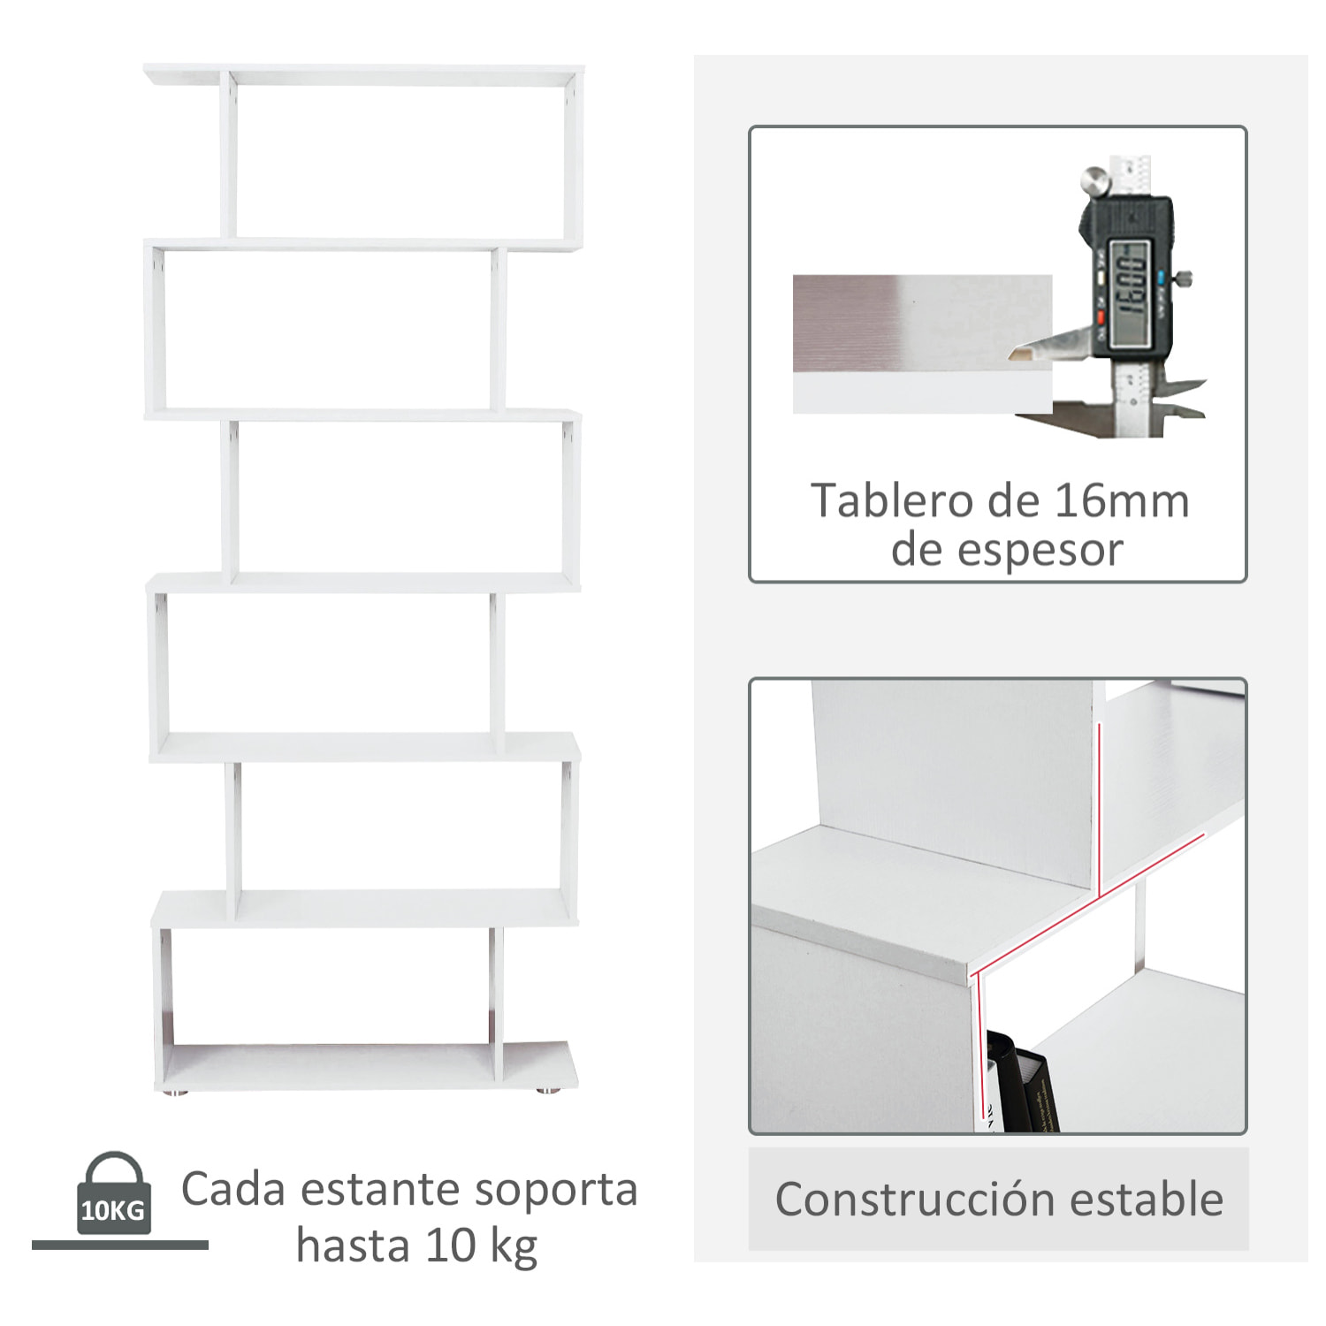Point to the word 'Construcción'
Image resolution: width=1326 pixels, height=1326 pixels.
[x=915, y=1200]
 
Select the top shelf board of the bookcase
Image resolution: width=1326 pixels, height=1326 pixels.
[x=362, y=74]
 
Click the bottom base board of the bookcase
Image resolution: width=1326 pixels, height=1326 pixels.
[x=367, y=1066]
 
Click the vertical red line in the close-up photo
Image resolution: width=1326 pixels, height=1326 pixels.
[x=1097, y=809]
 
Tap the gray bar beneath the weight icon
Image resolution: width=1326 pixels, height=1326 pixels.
[x=120, y=1245]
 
